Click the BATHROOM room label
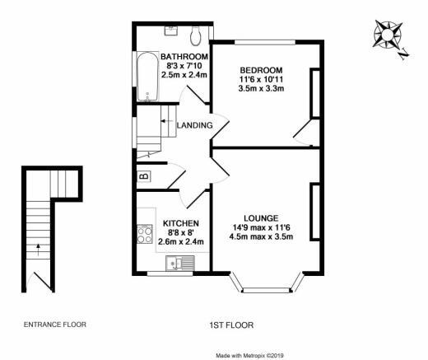pos(184,57)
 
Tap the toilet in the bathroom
pos(196,36)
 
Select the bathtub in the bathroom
pos(147,77)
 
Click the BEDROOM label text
pos(261,70)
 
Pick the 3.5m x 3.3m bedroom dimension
pos(261,89)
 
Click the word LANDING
pos(195,125)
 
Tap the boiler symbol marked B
pos(144,176)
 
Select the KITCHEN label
pos(181,223)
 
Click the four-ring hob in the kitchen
pos(145,234)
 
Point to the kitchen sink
pos(180,263)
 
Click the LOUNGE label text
pos(261,218)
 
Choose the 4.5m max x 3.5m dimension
pos(261,236)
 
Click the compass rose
pos(388,35)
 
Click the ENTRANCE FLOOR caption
pos(55,325)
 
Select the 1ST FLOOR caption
pos(231,325)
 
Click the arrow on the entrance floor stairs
pos(38,250)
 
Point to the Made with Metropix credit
pos(249,356)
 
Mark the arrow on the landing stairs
pos(166,121)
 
